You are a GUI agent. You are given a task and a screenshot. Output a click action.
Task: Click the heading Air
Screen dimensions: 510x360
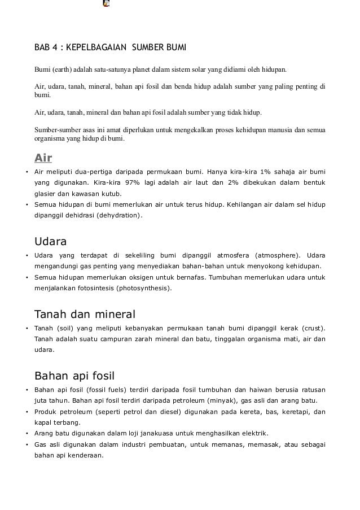[x=43, y=158]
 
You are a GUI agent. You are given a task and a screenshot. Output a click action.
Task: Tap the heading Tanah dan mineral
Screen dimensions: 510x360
[x=85, y=314]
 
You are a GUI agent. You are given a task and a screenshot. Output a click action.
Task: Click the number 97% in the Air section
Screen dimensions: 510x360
[x=133, y=183]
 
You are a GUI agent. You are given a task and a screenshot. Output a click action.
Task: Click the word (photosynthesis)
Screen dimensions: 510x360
[x=144, y=288]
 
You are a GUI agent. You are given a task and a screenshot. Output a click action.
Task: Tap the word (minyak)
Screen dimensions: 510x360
[x=221, y=401]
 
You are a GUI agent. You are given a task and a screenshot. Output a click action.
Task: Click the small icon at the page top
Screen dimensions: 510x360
[x=106, y=3]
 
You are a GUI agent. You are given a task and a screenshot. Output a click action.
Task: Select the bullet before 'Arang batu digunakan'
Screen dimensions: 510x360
[x=27, y=434]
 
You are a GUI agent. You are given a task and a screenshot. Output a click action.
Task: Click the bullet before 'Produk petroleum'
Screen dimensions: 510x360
[x=27, y=412]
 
